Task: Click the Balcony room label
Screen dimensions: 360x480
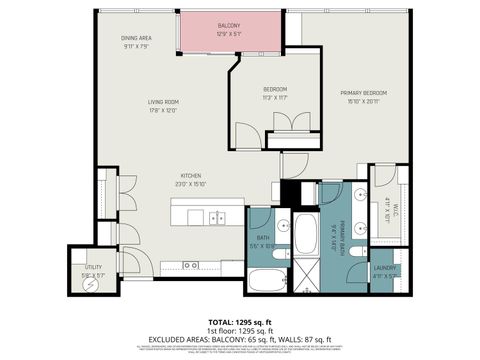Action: pos(229,26)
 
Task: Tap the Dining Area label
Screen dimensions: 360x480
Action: pos(136,38)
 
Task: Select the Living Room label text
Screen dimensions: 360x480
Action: pos(163,101)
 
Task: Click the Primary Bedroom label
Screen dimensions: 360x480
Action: pos(362,93)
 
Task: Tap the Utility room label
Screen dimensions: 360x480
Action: pos(93,268)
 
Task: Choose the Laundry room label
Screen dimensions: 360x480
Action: pos(385,268)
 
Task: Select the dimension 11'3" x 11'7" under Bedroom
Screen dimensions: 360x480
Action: pos(275,98)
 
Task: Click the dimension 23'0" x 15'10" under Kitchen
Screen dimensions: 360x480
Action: pos(191,183)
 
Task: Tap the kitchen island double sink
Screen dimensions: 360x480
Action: pos(217,217)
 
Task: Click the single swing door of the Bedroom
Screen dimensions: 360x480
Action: pos(245,132)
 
